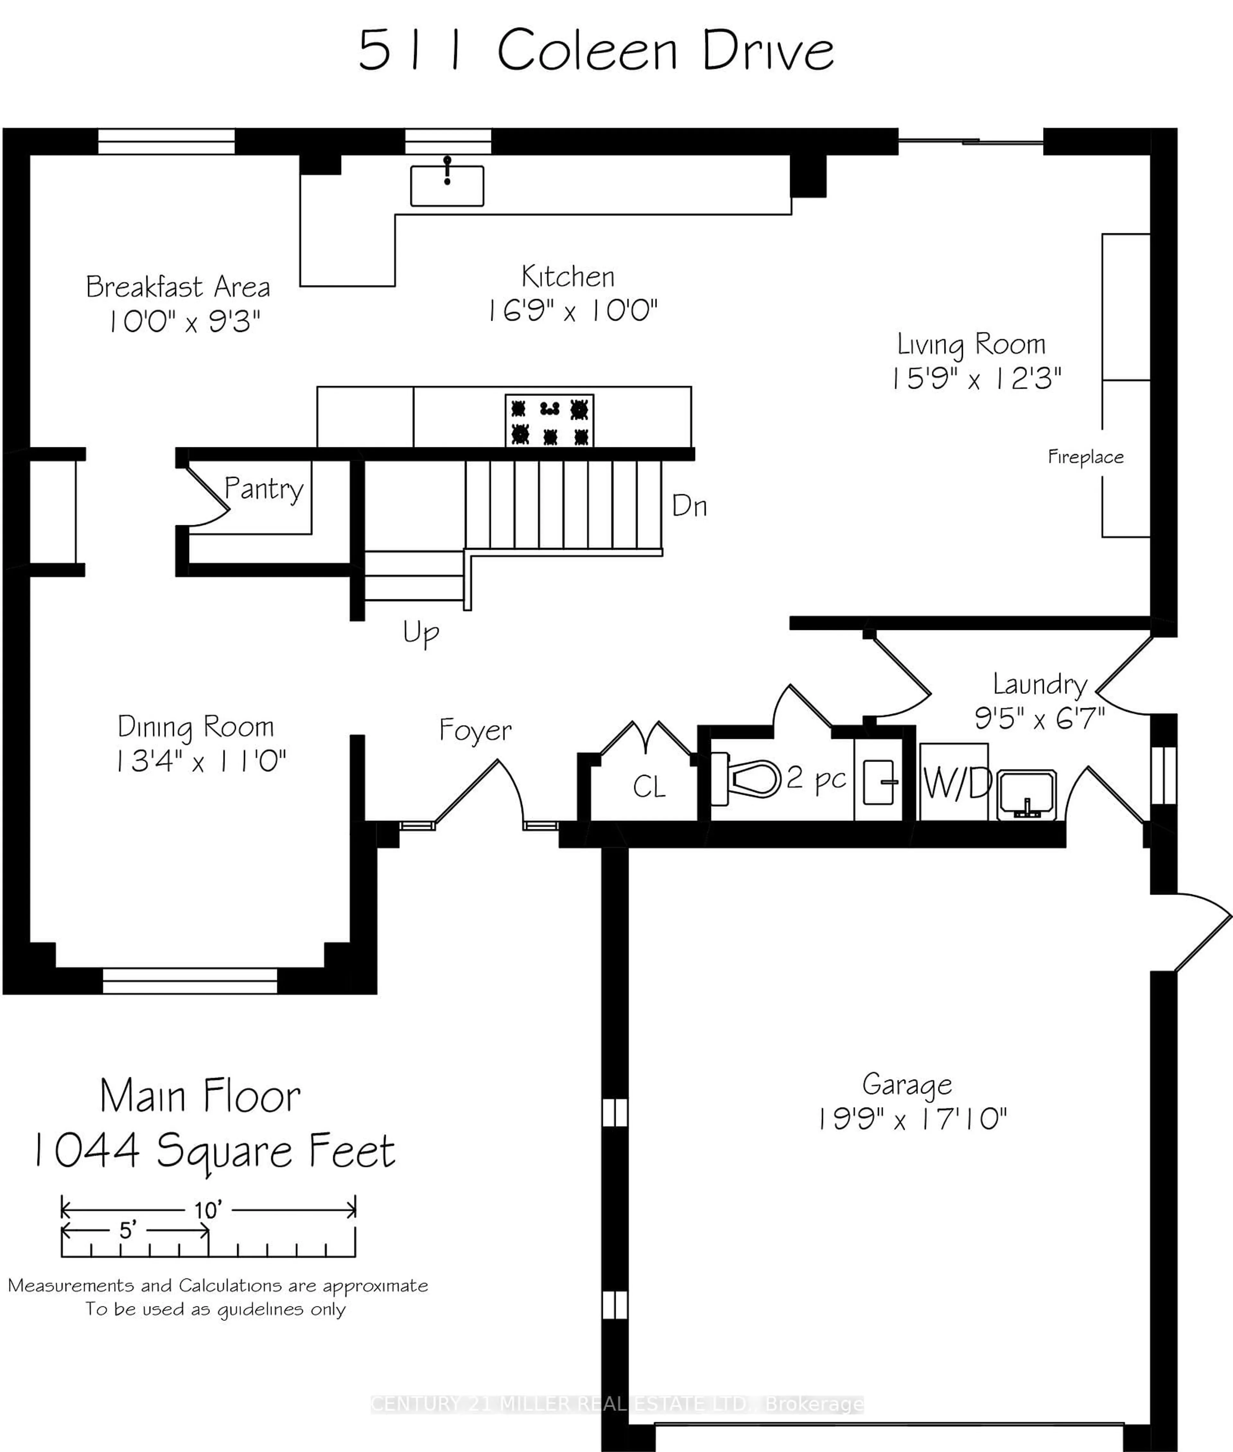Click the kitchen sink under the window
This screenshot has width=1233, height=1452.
coord(447,185)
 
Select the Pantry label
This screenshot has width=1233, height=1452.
coord(264,488)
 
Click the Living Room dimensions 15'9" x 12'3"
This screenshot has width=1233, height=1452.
coord(976,379)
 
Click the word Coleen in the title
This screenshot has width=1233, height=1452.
coord(587,51)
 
